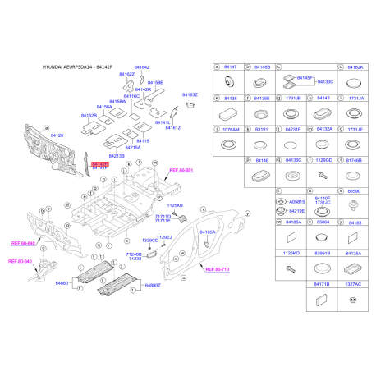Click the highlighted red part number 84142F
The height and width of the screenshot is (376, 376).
[x=99, y=163]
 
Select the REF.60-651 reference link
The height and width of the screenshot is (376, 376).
[x=180, y=170]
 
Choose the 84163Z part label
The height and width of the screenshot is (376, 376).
[x=190, y=95]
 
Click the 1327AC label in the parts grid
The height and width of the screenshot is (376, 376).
[x=354, y=284]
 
